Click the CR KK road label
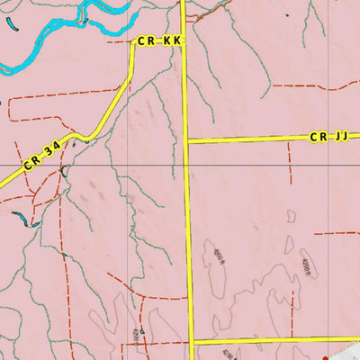pos(159,41)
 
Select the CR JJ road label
pos(328,137)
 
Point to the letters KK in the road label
pos(172,41)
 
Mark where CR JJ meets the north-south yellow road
pos(187,140)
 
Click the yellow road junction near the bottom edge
pos(192,342)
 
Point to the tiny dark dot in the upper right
pos(287,15)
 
